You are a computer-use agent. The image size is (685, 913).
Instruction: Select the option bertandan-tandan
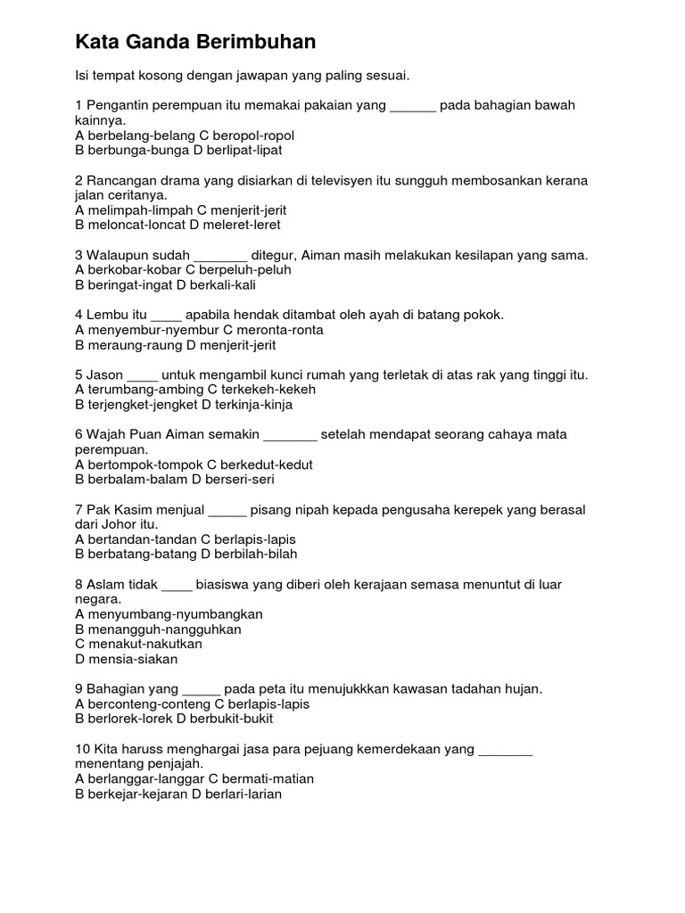point(135,539)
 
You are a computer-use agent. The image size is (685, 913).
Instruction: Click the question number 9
point(79,689)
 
